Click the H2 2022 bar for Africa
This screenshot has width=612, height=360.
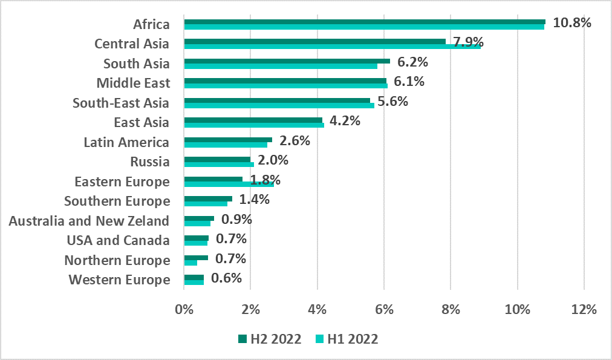click(x=364, y=22)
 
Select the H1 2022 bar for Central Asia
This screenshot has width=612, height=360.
click(x=332, y=47)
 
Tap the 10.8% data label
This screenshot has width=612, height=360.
click(x=571, y=23)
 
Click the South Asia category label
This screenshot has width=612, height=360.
click(x=136, y=64)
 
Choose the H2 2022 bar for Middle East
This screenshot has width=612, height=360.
click(x=285, y=80)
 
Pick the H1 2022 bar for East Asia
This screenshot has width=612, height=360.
click(x=254, y=125)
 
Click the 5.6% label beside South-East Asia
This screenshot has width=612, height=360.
click(x=392, y=102)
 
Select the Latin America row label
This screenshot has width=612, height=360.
click(x=126, y=143)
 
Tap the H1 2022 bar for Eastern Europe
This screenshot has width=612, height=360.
click(x=229, y=184)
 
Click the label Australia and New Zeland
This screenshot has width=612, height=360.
click(x=89, y=221)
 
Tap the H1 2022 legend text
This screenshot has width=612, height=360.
click(x=353, y=339)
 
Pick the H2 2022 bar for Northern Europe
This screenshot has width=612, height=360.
click(x=196, y=258)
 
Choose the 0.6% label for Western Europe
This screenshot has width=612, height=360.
click(x=226, y=278)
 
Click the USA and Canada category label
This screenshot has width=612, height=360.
click(x=118, y=240)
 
